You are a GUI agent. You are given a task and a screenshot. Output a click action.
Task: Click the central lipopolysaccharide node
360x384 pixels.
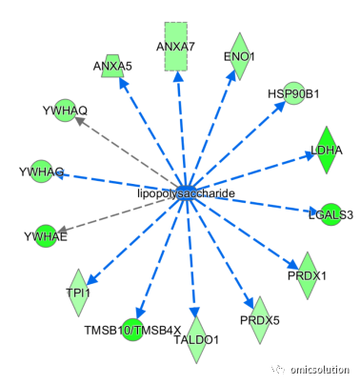coord(186,192)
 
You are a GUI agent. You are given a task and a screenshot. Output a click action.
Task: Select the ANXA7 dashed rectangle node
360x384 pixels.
coord(176,47)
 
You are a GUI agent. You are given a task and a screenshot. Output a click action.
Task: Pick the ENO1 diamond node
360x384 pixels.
coord(240,56)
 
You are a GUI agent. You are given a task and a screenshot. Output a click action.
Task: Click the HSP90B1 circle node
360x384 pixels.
coord(294,93)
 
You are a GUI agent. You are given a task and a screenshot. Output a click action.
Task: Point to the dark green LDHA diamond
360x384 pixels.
coord(327,150)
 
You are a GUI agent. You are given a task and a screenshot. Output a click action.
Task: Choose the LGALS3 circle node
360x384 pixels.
coord(331,214)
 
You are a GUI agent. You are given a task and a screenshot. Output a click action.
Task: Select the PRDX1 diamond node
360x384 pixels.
coord(307,275)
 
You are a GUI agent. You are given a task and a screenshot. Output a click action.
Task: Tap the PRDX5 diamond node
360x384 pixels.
coord(260,320)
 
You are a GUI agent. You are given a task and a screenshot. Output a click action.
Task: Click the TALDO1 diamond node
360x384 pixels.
coord(196,339)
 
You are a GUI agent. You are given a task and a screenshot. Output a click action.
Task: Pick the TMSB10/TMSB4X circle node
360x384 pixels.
coord(133,330)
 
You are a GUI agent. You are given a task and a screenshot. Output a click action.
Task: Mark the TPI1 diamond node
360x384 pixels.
coord(78,293)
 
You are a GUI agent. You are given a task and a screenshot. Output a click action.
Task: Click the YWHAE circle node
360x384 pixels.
coord(46,236)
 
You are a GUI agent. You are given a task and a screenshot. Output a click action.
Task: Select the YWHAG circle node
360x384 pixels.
coord(42,172)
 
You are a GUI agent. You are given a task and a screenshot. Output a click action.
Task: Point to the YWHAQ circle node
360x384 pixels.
coord(66,111)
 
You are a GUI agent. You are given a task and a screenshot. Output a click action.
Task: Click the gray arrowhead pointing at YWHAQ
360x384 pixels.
coord(80,121)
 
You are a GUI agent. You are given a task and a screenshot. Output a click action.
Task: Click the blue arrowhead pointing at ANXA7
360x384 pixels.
coord(178,75)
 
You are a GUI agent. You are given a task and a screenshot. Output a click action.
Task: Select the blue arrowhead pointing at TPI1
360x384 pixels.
coord(91,278)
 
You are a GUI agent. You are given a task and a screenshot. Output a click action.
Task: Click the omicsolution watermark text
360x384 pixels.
coord(319,370)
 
